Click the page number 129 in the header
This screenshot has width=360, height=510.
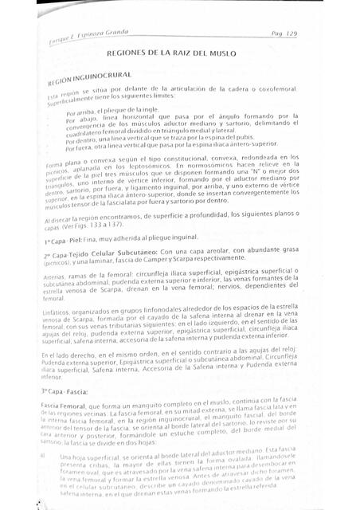click(x=289, y=34)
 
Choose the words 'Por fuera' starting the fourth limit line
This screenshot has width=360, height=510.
click(x=80, y=148)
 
